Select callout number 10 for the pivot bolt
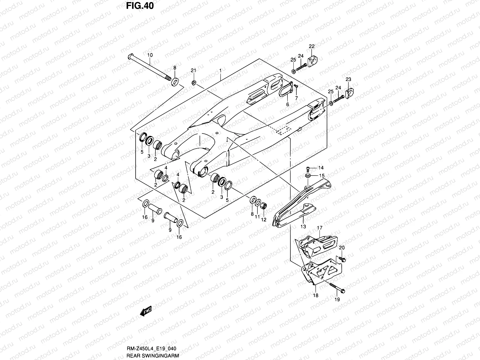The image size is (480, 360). [150, 55]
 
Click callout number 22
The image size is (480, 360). [312, 46]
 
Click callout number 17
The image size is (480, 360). [320, 228]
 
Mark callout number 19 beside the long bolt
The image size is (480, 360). [337, 299]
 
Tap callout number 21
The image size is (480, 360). [193, 70]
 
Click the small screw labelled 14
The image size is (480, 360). [308, 168]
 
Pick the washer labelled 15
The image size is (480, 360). [308, 175]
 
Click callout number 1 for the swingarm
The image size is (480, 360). [220, 70]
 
